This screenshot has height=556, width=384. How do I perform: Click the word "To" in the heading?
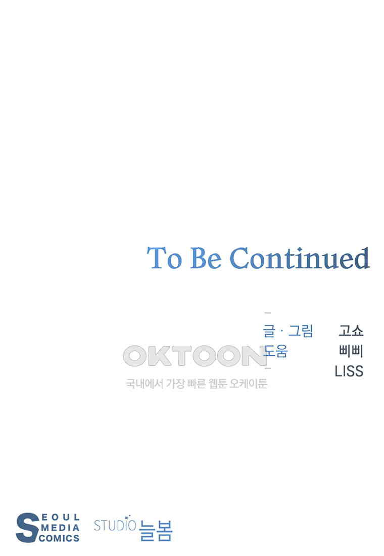pos(164,258)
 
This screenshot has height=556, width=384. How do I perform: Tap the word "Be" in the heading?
pos(206,258)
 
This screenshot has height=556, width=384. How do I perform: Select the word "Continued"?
pos(300,258)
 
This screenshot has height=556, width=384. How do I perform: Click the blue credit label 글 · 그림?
pos(287,331)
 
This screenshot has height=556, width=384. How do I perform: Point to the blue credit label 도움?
pos(275,351)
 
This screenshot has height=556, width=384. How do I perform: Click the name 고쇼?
pos(351,331)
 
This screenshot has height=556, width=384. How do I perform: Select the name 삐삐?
pos(351,351)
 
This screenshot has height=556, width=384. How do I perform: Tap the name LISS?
pos(349,372)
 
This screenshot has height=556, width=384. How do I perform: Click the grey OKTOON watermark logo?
pos(195,356)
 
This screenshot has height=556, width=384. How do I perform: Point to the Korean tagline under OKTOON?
pos(196,384)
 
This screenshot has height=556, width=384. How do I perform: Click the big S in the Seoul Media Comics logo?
pos(27,528)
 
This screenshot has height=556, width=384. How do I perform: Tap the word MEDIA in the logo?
pos(60,528)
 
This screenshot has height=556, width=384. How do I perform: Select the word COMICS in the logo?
pos(59,538)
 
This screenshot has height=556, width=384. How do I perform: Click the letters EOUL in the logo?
pos(61,518)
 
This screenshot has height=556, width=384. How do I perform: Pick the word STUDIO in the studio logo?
pos(115,525)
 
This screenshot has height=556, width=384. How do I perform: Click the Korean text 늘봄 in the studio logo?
pos(156,530)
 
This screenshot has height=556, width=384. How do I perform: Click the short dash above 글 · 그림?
pos(268,313)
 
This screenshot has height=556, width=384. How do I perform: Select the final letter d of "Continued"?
pos(362,258)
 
